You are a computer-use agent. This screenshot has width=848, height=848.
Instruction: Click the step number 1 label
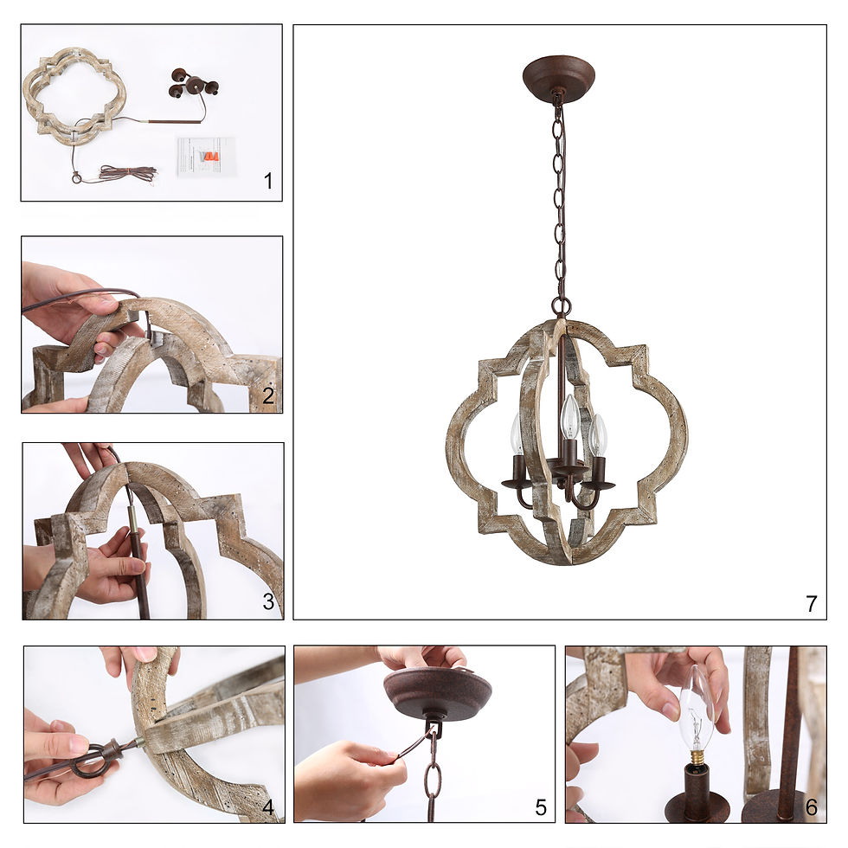(267, 182)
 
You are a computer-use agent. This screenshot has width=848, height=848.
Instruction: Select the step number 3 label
(268, 602)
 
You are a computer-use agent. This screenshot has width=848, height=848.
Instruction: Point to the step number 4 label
(268, 807)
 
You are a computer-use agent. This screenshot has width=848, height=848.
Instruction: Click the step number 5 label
(541, 807)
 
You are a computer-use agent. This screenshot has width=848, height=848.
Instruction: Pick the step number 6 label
(811, 807)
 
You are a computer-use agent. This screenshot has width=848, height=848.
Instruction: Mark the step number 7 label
(811, 604)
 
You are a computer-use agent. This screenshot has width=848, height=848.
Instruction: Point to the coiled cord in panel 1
(125, 173)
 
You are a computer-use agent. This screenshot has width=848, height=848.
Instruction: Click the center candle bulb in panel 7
(569, 417)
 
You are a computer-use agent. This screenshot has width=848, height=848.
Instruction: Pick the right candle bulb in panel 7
(598, 435)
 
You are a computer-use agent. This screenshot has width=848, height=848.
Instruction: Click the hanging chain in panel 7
(559, 199)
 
